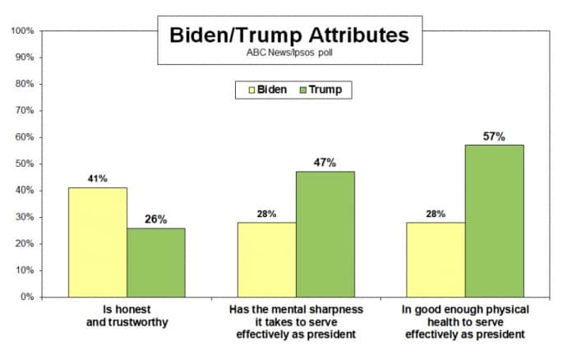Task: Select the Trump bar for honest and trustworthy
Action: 155,262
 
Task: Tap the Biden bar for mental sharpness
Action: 267,259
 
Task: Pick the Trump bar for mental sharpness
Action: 325,233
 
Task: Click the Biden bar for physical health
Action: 436,259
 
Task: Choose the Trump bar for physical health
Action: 494,220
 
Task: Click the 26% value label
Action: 155,219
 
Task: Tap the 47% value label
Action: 325,163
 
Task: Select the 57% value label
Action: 494,136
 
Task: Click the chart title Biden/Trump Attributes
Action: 288,36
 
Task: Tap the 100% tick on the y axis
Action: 21,31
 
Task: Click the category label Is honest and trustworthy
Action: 127,316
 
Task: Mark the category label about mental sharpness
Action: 296,321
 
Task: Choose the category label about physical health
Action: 465,321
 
